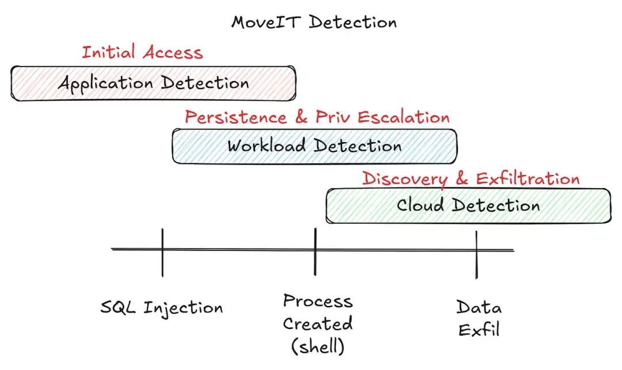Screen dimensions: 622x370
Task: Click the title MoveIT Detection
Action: (x=314, y=22)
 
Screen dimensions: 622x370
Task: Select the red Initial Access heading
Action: (x=142, y=52)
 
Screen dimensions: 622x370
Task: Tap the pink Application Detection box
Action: (x=153, y=83)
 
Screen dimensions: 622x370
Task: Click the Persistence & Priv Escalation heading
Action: (x=317, y=117)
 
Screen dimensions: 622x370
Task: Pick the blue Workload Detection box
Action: (x=314, y=146)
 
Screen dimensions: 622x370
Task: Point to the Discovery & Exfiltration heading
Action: (x=471, y=178)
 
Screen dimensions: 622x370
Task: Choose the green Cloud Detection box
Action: (x=468, y=206)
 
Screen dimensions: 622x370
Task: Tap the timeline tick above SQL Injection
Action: (x=162, y=253)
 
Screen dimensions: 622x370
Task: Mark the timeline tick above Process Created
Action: (x=315, y=251)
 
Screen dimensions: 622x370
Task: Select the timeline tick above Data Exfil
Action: (x=476, y=255)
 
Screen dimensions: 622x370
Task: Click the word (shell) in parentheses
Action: (x=318, y=346)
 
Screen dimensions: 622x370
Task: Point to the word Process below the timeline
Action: (x=318, y=302)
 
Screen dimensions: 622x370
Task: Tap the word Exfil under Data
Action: (x=479, y=330)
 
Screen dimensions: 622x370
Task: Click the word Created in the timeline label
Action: (x=318, y=324)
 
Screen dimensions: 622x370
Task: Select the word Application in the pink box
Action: (x=105, y=84)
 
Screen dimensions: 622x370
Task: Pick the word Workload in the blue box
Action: (x=266, y=146)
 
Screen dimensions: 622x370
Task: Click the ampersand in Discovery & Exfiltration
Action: (x=462, y=178)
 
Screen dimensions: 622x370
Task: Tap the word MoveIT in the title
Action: (x=266, y=22)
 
